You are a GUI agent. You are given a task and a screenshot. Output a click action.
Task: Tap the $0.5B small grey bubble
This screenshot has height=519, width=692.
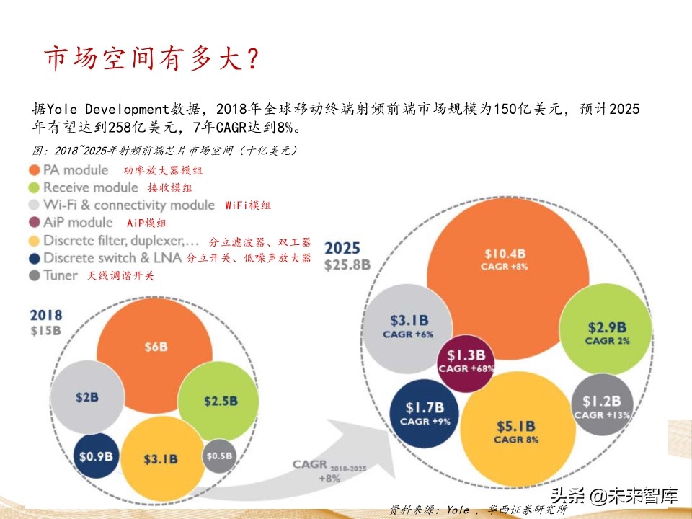click(219, 456)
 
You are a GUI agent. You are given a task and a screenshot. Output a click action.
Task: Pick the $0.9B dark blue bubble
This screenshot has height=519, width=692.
click(96, 456)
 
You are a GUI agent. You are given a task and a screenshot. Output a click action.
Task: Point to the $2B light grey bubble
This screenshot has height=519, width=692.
click(86, 396)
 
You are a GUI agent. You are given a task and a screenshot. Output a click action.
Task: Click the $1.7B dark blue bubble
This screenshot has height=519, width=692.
click(425, 413)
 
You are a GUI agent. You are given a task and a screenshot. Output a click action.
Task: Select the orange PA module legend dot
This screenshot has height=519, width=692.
click(34, 170)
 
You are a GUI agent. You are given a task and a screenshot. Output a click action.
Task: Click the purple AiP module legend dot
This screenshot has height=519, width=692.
click(34, 222)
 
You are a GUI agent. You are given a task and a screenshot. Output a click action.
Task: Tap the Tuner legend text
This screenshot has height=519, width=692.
click(61, 275)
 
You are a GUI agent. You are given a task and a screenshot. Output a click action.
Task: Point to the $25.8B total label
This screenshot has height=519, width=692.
click(347, 265)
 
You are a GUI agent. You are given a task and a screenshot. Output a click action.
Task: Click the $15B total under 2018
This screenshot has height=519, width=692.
click(45, 331)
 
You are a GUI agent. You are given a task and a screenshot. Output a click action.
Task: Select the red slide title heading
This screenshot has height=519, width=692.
click(151, 59)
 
